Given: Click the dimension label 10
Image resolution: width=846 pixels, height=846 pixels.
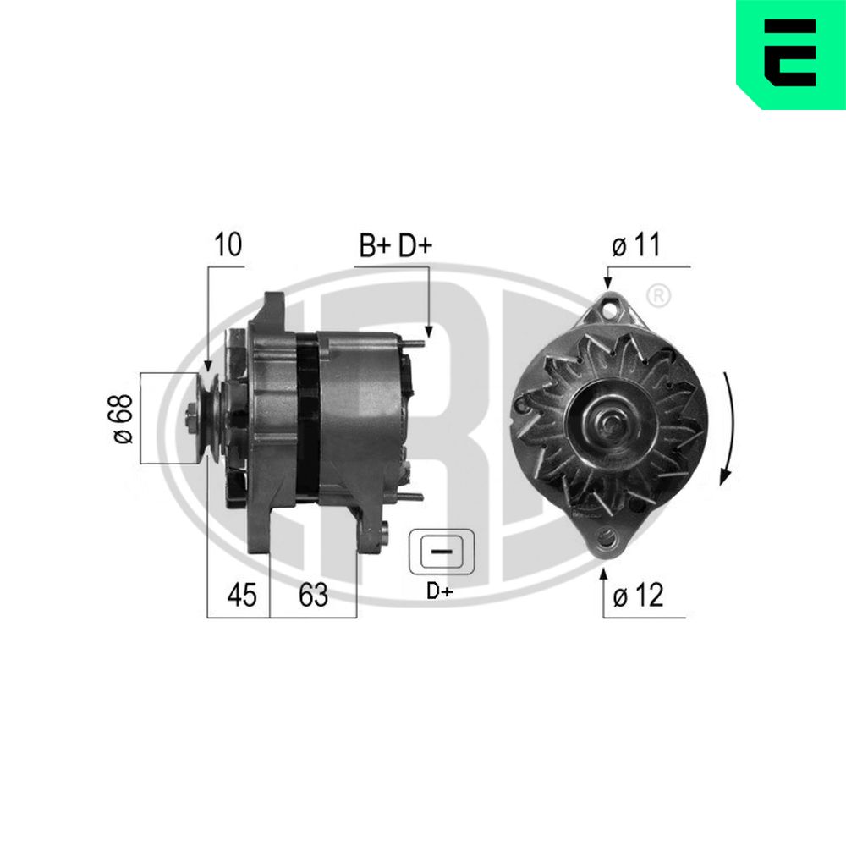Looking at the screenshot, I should [228, 245].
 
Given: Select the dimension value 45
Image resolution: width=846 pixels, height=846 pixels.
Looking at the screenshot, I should [241, 596].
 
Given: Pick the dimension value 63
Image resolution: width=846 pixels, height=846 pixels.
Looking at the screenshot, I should [313, 596].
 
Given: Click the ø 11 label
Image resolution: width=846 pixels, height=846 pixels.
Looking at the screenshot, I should [635, 246].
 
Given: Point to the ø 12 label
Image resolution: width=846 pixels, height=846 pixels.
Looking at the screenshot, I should [638, 596].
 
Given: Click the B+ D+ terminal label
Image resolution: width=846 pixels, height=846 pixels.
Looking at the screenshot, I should [395, 246].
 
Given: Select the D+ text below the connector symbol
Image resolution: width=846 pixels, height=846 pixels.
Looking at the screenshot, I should [439, 591].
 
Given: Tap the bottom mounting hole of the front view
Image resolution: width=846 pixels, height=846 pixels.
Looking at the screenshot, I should [607, 536].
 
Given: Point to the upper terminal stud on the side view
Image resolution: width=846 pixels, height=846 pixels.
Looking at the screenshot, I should [412, 343].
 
